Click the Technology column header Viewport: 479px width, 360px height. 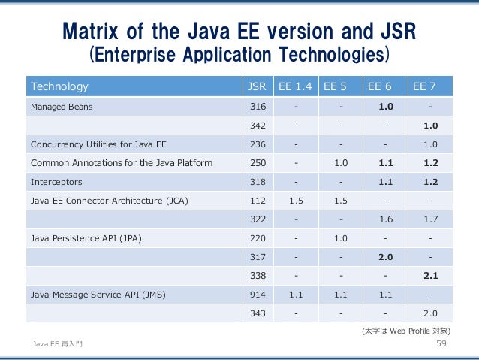coord(59,86)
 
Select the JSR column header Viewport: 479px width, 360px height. coord(257,86)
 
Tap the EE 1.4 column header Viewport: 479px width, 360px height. coord(295,86)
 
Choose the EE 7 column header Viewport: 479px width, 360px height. coord(424,86)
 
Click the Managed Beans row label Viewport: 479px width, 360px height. coord(62,107)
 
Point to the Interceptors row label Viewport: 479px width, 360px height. coord(56,182)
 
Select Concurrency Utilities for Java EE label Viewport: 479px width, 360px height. coord(98,144)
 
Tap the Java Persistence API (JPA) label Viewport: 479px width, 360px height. coord(86,238)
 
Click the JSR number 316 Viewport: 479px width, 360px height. coord(258,107)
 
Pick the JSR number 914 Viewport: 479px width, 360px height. coord(258,295)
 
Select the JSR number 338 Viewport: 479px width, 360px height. coord(258,276)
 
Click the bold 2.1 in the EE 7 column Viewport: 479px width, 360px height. coord(431,276)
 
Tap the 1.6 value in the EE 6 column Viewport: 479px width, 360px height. coord(386,219)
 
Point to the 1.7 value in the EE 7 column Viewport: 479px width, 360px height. coord(431,219)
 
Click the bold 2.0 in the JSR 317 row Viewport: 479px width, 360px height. coord(386,257)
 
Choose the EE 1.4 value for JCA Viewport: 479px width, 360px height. coord(296,201)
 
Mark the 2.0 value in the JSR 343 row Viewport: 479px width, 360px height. coord(430,313)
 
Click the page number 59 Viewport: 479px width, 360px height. coord(441,343)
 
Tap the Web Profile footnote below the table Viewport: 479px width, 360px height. coord(406,331)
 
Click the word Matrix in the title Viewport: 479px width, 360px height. coord(90,32)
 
